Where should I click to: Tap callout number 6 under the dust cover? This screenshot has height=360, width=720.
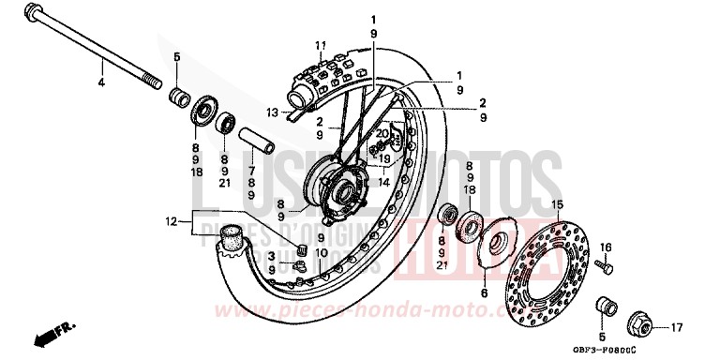(484, 293)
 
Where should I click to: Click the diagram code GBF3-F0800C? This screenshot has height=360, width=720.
(661, 349)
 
